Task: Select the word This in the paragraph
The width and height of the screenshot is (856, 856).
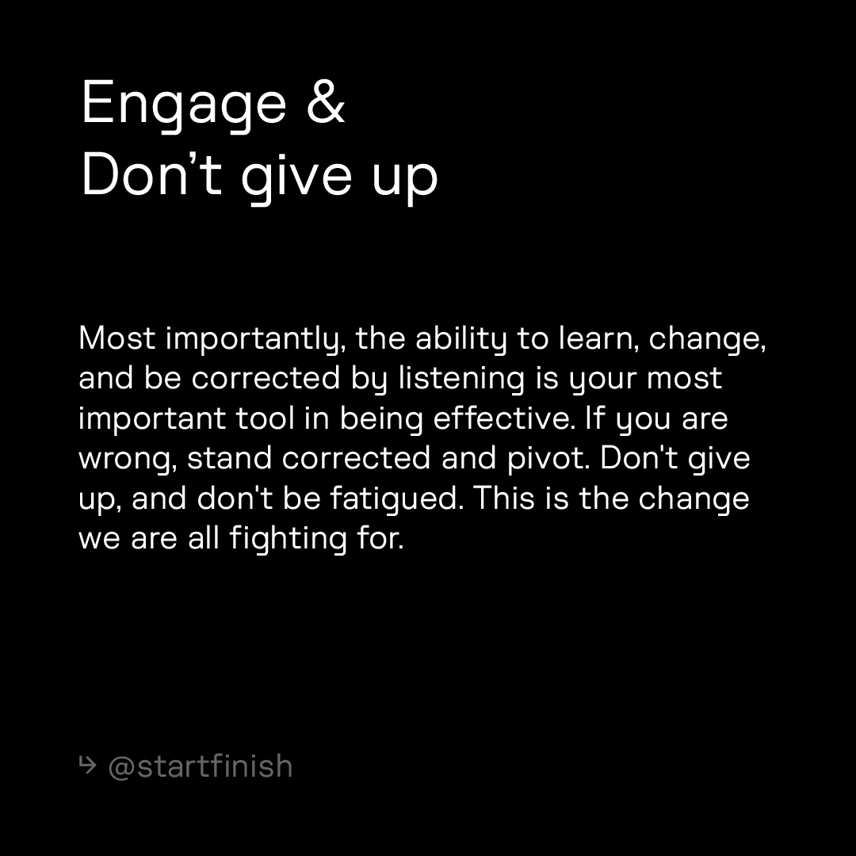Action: coord(504,498)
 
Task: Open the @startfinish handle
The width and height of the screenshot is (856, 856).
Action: coord(200,766)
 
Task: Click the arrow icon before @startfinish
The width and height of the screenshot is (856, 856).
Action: coord(87,766)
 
